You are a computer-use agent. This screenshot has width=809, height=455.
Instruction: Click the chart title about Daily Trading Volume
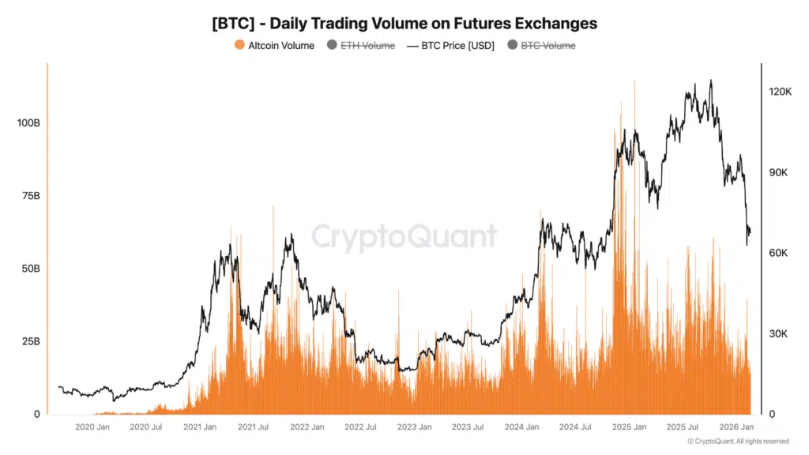click(404, 23)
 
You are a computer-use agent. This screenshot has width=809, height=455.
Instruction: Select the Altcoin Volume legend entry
click(274, 46)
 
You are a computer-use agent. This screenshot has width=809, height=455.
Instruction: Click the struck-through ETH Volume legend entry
click(360, 46)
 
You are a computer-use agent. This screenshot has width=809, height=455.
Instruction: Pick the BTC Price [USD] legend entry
click(450, 46)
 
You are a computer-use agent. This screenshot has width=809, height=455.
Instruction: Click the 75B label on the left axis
click(29, 196)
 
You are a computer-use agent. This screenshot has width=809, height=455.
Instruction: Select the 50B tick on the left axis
click(29, 269)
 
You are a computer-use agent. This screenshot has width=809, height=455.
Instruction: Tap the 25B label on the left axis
click(29, 341)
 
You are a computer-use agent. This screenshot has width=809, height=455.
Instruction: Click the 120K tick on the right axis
click(781, 92)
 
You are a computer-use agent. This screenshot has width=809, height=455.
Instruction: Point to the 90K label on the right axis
click(779, 172)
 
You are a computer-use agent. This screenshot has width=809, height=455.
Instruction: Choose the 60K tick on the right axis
click(779, 253)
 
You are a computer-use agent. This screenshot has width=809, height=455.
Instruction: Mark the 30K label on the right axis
click(779, 333)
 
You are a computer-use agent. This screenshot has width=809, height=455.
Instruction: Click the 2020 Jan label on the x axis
click(92, 427)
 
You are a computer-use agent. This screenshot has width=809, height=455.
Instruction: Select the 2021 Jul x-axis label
click(253, 427)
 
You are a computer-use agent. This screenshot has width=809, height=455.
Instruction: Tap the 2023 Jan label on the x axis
click(414, 427)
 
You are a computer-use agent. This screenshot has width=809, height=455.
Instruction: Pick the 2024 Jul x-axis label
click(574, 427)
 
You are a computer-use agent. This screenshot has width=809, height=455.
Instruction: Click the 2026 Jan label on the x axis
click(736, 427)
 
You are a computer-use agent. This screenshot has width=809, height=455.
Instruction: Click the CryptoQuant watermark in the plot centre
click(404, 236)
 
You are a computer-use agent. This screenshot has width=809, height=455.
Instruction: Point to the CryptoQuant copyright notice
click(738, 442)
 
